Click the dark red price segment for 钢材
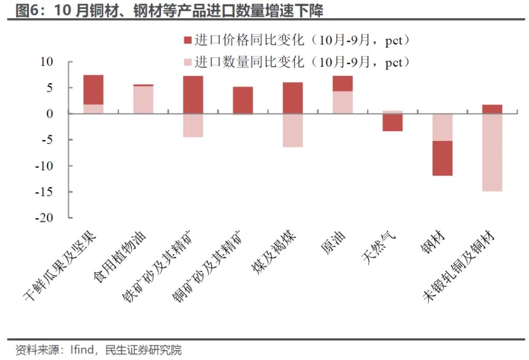point(442,158)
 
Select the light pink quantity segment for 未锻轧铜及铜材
point(492,152)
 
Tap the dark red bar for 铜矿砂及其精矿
point(243,100)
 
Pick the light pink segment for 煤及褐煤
point(292,130)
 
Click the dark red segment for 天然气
point(392,122)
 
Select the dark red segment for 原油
point(343,84)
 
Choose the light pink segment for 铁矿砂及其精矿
point(193,125)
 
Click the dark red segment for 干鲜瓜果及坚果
point(94,90)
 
